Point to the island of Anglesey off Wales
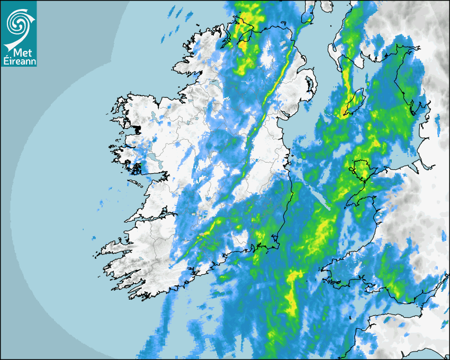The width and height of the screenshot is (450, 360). (362, 170)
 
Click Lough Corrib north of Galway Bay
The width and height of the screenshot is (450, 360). (153, 159)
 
